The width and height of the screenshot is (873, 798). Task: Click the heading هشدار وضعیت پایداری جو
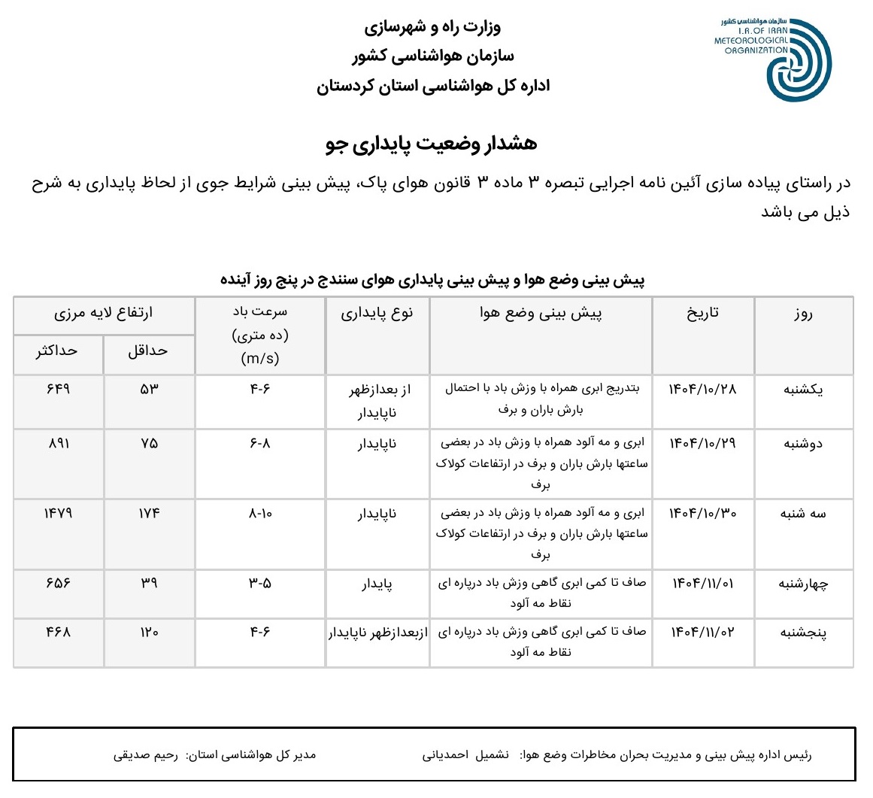coord(432,144)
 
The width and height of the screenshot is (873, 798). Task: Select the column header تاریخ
coord(702,313)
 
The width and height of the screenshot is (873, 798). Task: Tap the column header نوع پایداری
coord(377,314)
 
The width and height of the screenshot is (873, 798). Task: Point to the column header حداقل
coord(147,351)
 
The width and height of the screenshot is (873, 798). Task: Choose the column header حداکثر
coord(56,351)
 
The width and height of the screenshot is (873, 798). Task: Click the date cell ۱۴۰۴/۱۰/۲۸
coord(703,389)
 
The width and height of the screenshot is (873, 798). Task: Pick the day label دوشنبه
coord(803,443)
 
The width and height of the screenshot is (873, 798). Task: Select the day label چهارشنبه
coord(802,584)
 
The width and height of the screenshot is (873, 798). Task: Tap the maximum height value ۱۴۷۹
coord(57,513)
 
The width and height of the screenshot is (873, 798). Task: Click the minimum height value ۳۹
coord(149,583)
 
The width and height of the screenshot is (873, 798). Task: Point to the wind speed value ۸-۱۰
coord(260,513)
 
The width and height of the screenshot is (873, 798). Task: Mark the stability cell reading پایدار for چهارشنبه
coord(377,584)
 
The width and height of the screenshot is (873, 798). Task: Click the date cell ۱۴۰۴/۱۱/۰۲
coord(703,632)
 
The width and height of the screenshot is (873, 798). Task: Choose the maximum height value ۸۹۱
coord(58,443)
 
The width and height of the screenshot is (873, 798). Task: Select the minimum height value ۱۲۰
coord(149,632)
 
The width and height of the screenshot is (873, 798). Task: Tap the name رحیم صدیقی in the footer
coord(146,754)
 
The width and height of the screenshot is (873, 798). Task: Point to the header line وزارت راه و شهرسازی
coord(432,28)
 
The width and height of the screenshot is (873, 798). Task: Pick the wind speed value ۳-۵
coord(260,583)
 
